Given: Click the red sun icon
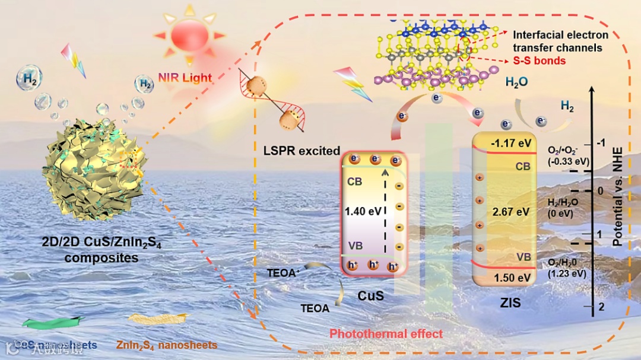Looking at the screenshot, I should pyautogui.click(x=189, y=37).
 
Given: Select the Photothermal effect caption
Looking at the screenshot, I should pyautogui.click(x=386, y=334).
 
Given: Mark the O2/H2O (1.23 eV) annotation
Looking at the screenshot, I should pyautogui.click(x=567, y=267).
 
